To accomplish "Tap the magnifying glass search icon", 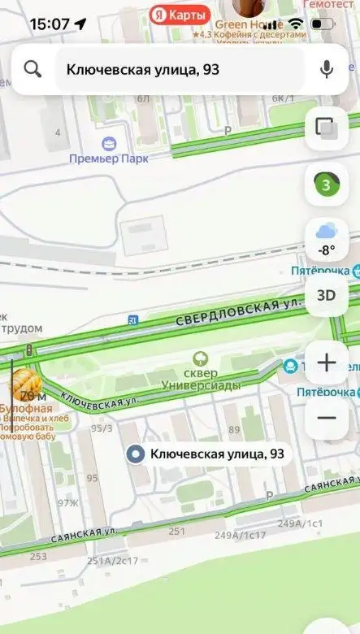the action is point(33,69).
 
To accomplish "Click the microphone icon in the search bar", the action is point(327,69).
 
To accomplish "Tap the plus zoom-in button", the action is point(327,363).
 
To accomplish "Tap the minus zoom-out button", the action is point(327,417).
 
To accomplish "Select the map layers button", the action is point(327,128).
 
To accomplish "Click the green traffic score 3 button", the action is point(327,185).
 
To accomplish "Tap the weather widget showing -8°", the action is point(327,240).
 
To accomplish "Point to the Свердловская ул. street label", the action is point(232,311).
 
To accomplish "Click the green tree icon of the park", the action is point(198,358).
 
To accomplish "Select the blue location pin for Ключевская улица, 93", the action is point(137,454).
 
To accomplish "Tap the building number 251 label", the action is point(176,532).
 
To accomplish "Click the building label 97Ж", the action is point(67,504).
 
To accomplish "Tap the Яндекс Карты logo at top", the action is point(180,14).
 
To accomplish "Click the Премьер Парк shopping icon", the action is point(109,142).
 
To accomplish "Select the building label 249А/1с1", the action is point(300,523).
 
